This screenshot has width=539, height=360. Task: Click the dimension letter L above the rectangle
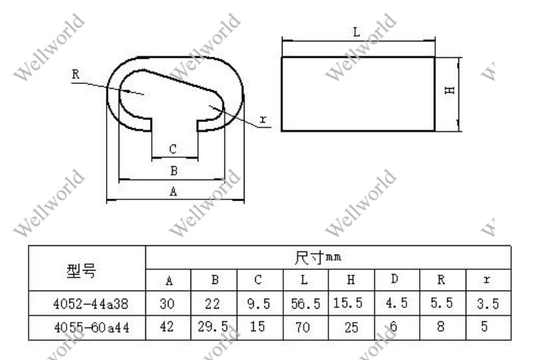coord(356,32)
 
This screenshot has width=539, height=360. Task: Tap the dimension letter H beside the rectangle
coord(450,91)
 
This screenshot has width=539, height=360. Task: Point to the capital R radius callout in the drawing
coord(76,74)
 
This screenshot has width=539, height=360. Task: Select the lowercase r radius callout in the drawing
coord(263,119)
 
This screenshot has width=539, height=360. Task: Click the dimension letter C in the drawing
coord(173,149)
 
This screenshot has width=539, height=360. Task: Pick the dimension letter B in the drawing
coord(174,171)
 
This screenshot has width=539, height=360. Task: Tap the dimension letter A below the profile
coord(173,191)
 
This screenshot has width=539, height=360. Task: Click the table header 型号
coord(81,271)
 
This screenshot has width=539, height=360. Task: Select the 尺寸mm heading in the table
coord(318,257)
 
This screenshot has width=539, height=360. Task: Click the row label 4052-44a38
coord(91,304)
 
